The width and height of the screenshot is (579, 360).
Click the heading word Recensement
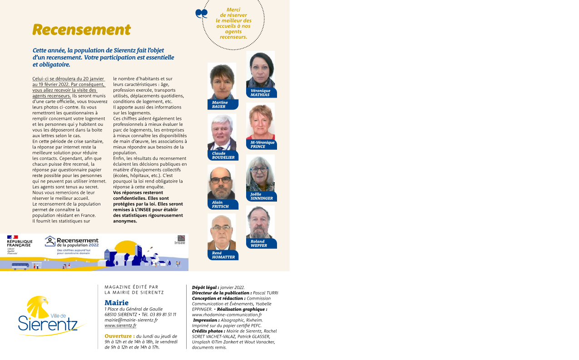(x=82, y=30)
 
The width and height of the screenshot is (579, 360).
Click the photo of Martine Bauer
(x=222, y=81)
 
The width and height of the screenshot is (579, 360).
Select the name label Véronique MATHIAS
(x=261, y=93)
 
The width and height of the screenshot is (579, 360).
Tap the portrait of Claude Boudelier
(x=222, y=132)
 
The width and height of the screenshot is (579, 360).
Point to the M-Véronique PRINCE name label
(x=262, y=144)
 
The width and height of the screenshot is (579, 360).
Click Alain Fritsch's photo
(x=221, y=182)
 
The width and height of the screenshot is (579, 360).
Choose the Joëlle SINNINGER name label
(x=262, y=196)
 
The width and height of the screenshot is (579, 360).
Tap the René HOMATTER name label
(x=223, y=255)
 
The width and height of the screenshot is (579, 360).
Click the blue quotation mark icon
(x=201, y=14)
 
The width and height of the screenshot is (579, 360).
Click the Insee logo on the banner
(x=180, y=240)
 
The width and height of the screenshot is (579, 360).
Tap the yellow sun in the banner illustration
(x=125, y=249)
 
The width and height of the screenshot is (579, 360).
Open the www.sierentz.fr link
(x=120, y=325)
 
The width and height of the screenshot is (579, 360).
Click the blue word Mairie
(x=116, y=302)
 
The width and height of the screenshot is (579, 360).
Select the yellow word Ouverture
(x=119, y=336)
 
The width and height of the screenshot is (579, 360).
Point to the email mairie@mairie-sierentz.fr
(x=131, y=320)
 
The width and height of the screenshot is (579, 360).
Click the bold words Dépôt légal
(x=205, y=287)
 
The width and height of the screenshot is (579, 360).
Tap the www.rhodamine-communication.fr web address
(x=227, y=315)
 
